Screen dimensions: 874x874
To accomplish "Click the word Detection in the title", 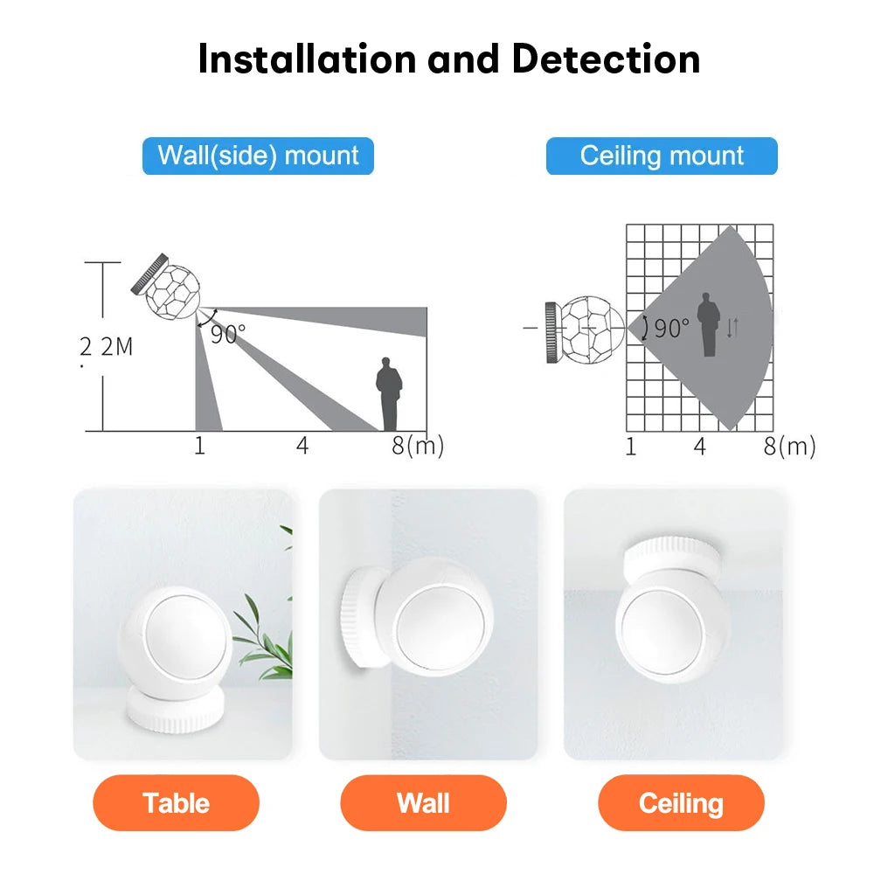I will [x=606, y=59].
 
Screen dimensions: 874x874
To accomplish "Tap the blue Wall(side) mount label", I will [x=258, y=156].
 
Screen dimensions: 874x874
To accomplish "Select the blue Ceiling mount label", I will [x=662, y=156].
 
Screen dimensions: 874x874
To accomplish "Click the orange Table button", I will [x=176, y=802].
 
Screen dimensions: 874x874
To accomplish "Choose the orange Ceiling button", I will [x=681, y=802].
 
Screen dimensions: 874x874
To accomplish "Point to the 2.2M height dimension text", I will [x=107, y=346].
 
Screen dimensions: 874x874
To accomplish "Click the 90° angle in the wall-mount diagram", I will [x=227, y=334].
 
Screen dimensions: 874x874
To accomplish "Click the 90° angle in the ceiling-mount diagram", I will [x=671, y=329].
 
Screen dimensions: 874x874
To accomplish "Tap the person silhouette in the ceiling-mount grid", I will [x=707, y=324].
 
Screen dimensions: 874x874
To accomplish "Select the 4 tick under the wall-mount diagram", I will [x=302, y=446].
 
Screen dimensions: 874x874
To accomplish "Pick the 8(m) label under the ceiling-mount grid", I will [x=788, y=447].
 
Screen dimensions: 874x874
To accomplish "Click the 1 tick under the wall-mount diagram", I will [x=199, y=446].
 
